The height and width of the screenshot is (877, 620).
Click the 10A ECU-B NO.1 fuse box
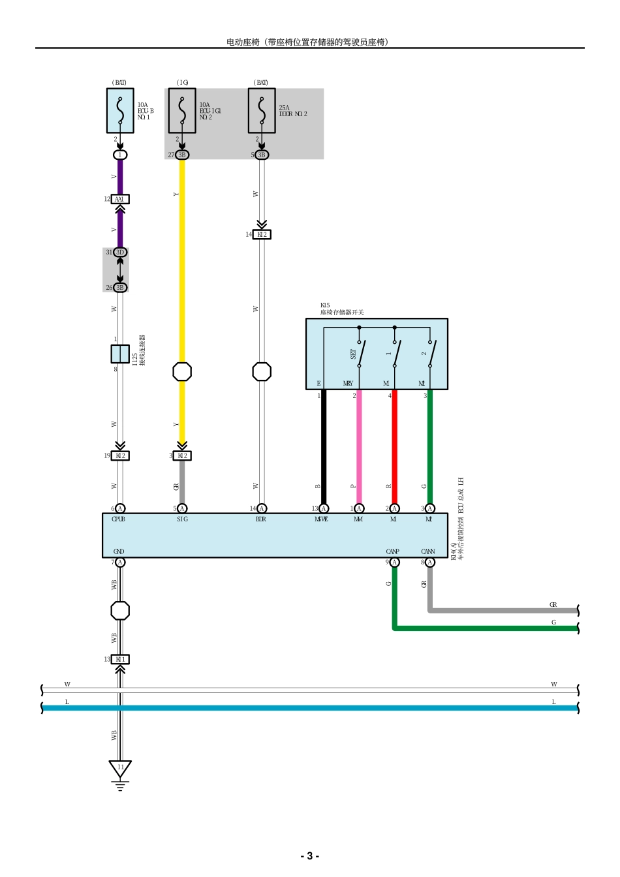(120, 111)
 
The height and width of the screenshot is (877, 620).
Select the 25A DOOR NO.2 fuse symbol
(262, 111)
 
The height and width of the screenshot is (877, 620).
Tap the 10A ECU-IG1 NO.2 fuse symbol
(182, 111)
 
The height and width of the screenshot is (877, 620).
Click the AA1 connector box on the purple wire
(120, 199)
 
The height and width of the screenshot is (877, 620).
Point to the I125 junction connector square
(120, 354)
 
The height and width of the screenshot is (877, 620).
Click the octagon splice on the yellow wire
(182, 372)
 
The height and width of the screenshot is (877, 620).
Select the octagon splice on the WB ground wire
(120, 611)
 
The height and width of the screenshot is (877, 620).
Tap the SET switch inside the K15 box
(360, 353)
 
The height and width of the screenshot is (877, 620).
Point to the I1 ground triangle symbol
(120, 769)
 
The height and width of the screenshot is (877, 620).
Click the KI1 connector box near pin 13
(120, 659)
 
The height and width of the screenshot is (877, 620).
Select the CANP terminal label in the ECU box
(392, 551)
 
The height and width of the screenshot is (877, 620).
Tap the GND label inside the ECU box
(119, 551)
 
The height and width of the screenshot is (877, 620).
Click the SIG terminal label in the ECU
(182, 519)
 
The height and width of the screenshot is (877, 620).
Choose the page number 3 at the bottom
(309, 856)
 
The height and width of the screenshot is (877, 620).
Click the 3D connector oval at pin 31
(120, 252)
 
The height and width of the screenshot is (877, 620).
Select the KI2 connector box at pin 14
(262, 234)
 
